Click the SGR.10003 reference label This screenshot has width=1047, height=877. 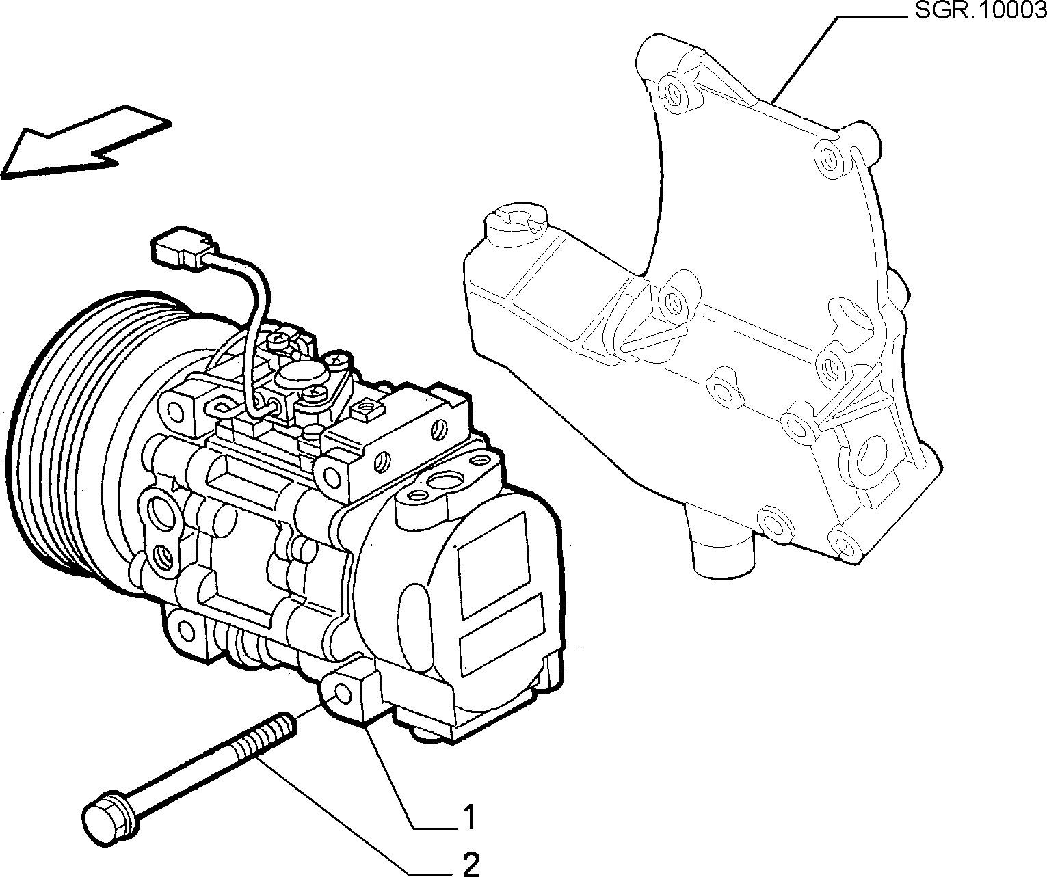981,10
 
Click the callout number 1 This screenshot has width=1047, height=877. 469,817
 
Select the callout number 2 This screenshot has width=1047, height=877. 471,863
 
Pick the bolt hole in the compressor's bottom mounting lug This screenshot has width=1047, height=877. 344,693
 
